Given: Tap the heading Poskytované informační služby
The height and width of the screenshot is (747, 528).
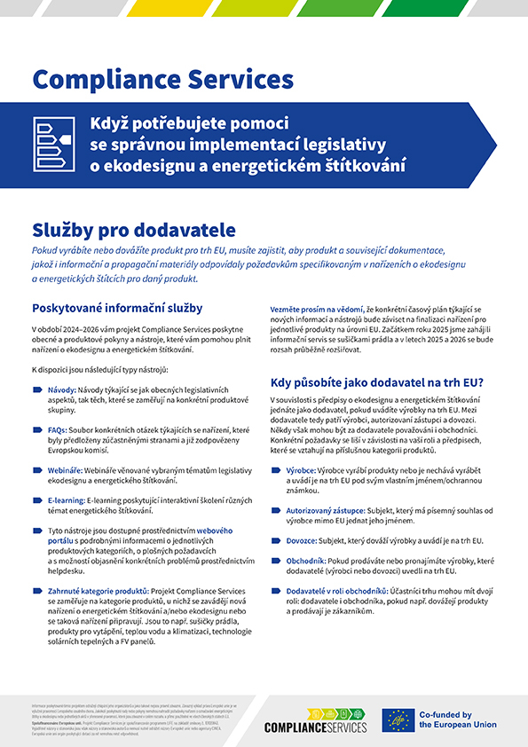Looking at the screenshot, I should pyautogui.click(x=118, y=309).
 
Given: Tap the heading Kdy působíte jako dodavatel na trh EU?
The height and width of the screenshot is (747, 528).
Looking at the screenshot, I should pyautogui.click(x=377, y=382).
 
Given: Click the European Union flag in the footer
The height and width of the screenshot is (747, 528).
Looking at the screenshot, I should pyautogui.click(x=398, y=719).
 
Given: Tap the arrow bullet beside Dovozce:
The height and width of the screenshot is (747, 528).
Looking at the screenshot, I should pyautogui.click(x=276, y=540).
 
